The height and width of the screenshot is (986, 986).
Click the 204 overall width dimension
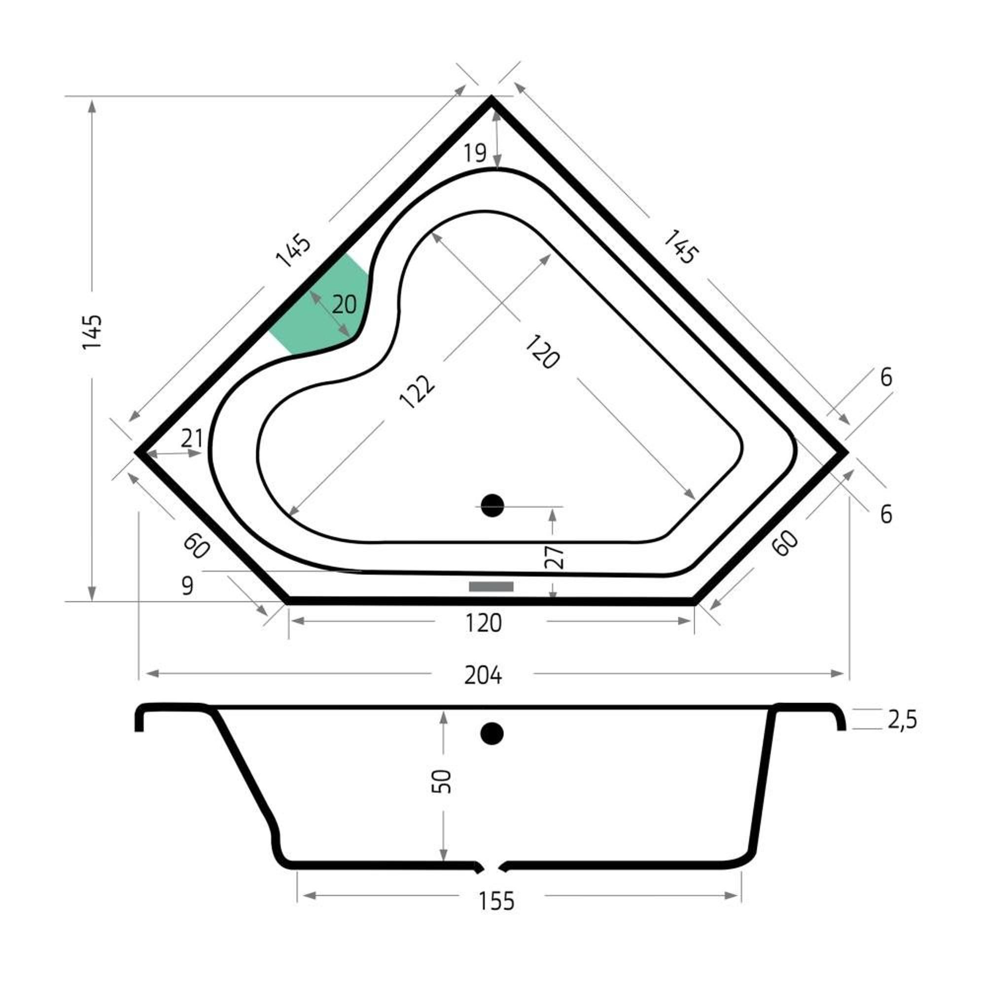pyautogui.click(x=483, y=676)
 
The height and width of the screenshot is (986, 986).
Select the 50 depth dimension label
pyautogui.click(x=442, y=781)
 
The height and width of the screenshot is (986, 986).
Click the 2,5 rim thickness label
pyautogui.click(x=902, y=720)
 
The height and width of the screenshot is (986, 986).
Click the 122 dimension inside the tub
pyautogui.click(x=418, y=391)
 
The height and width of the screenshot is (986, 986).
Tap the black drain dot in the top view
pyautogui.click(x=492, y=506)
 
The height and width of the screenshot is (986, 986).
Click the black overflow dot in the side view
pyautogui.click(x=492, y=734)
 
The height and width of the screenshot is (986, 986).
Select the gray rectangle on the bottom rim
pyautogui.click(x=491, y=586)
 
